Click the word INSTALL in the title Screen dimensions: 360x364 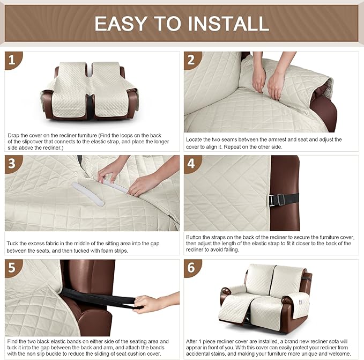point(226,23)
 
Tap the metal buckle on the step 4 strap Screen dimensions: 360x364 point(275,200)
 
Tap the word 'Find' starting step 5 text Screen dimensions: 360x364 point(12,341)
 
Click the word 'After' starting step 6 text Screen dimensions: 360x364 point(194,341)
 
